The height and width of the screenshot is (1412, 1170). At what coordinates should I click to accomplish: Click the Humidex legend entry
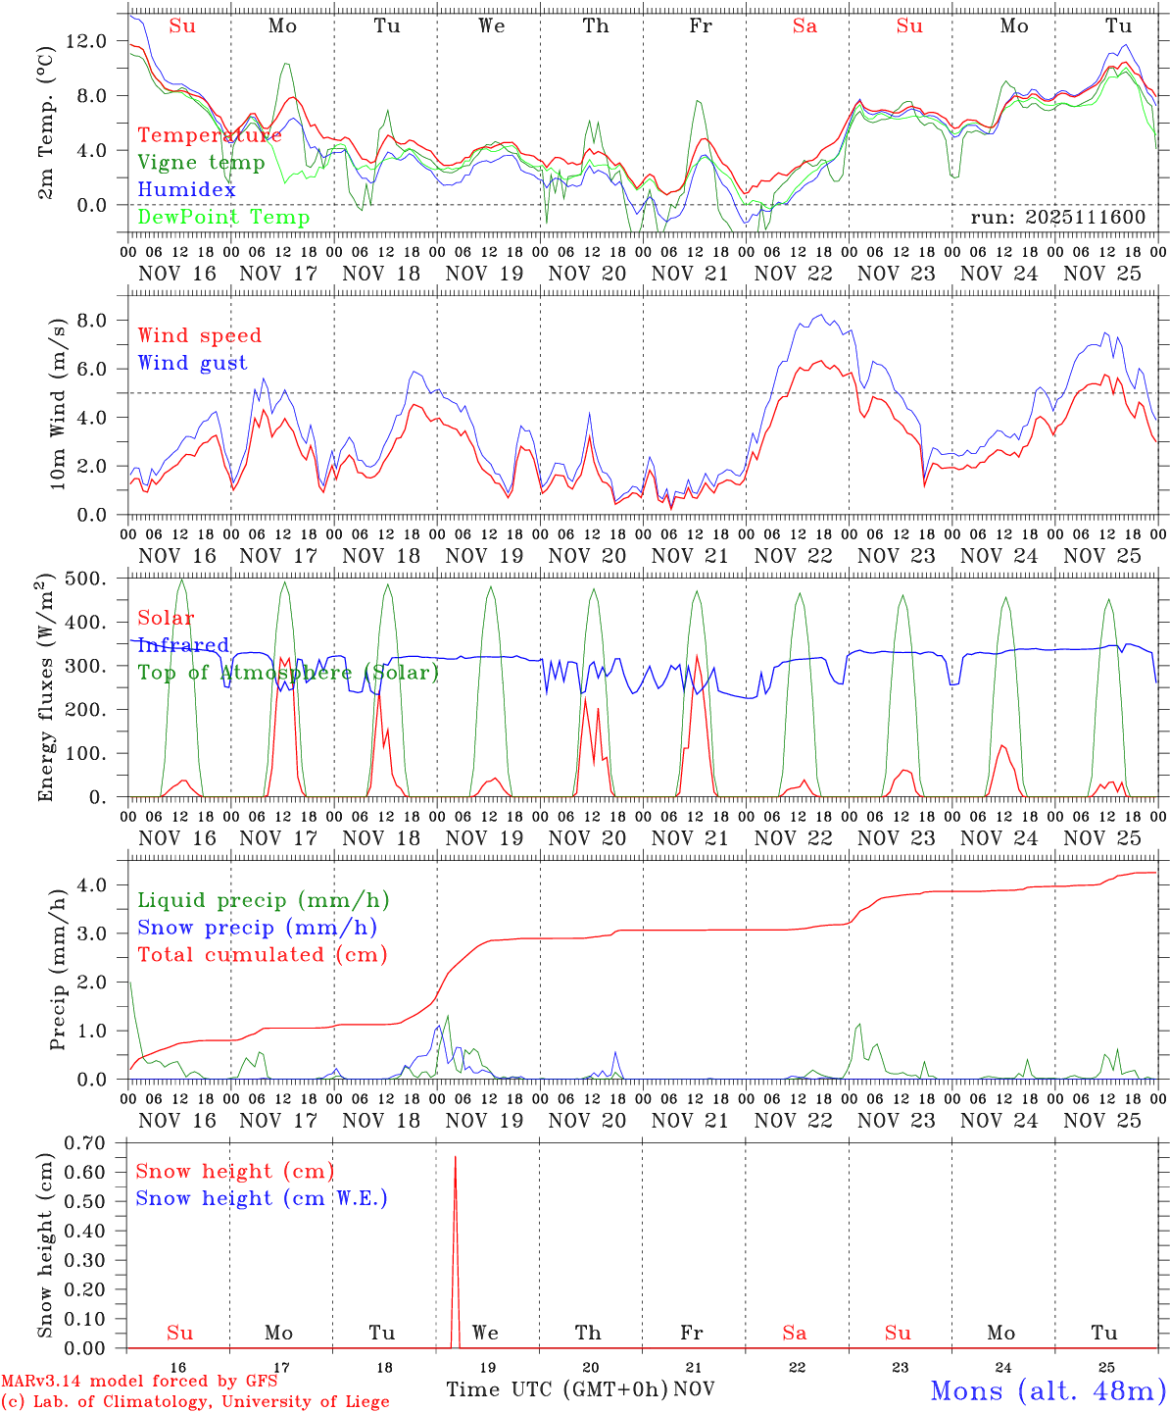click(x=186, y=190)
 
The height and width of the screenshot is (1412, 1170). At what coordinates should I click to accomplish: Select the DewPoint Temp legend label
click(x=223, y=218)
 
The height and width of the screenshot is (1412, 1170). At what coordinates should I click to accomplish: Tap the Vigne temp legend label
click(x=201, y=163)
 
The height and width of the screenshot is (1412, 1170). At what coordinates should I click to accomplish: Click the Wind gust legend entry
click(x=192, y=363)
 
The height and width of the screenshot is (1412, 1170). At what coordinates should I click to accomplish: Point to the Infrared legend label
click(x=183, y=645)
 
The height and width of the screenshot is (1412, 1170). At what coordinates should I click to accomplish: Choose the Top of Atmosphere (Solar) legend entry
click(x=288, y=673)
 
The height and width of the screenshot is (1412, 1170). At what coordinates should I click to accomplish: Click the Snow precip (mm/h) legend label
click(x=257, y=928)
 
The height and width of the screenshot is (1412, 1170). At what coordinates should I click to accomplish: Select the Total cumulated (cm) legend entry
click(x=262, y=955)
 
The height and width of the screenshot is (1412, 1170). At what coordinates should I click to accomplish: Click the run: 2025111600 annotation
click(x=1057, y=218)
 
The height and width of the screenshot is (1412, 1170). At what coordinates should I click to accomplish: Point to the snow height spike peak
click(x=455, y=1158)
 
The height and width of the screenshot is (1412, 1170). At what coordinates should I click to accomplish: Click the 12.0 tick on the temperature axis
click(x=98, y=41)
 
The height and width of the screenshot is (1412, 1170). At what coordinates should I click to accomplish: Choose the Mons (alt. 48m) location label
click(x=1048, y=1390)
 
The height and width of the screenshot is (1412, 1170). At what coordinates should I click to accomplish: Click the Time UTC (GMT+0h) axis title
click(x=557, y=1389)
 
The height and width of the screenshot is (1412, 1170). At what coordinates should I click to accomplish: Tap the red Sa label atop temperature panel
click(x=804, y=26)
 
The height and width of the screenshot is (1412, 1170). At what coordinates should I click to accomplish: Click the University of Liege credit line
click(x=195, y=1402)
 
